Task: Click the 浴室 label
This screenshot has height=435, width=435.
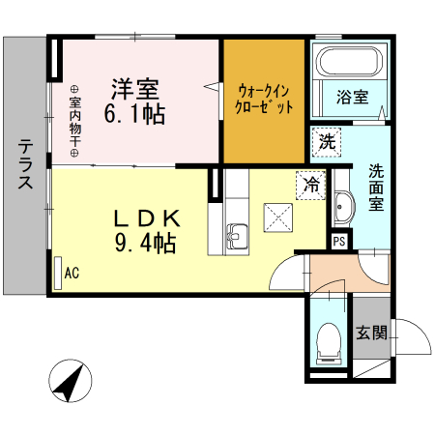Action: click(x=352, y=97)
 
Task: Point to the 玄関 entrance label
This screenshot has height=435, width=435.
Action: click(x=371, y=333)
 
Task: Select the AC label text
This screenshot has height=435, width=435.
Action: click(x=72, y=274)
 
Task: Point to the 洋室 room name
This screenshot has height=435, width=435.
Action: click(x=134, y=88)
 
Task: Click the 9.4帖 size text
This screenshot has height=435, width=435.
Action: click(x=144, y=243)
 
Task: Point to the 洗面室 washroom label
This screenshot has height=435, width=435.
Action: click(x=376, y=188)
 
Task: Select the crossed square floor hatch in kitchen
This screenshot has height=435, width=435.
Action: click(x=278, y=216)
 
